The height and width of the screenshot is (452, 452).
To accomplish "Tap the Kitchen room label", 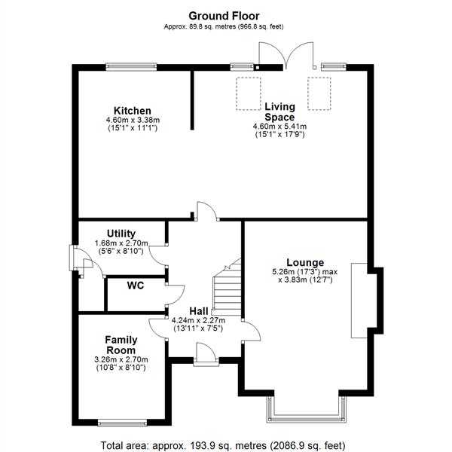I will point(133,111).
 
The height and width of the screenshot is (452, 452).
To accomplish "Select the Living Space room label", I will point(279,111).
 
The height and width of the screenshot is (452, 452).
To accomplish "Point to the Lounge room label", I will point(305,262).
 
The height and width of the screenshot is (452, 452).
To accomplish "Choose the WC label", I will point(136,286).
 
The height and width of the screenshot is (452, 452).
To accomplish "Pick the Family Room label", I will point(121,345).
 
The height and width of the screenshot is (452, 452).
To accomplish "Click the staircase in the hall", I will point(226,290).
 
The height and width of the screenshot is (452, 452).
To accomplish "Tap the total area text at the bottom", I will point(223,444).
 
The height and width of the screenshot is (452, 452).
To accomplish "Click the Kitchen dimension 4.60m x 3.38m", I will point(133,120).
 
